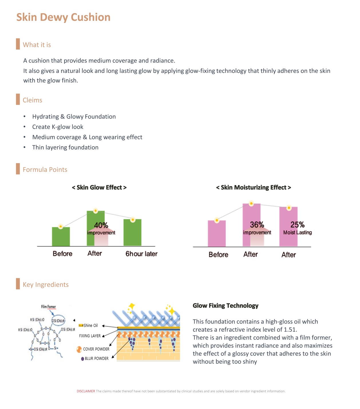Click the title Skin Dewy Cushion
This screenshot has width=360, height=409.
[63, 17]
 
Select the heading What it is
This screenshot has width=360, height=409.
[37, 45]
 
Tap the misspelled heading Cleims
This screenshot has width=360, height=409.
[32, 100]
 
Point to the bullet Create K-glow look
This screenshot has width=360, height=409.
[58, 127]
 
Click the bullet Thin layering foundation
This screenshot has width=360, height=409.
[65, 147]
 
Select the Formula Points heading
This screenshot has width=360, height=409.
[45, 169]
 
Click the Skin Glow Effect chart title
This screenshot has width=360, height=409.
[99, 187]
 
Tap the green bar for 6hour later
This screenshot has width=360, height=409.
[132, 233]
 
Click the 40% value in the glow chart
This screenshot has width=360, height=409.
[101, 225]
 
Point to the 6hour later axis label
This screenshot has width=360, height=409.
[141, 254]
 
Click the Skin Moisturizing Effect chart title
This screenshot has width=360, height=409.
[253, 187]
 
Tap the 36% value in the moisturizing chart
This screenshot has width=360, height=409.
[257, 225]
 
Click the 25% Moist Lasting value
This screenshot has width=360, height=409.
[297, 225]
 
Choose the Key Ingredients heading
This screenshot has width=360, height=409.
[46, 284]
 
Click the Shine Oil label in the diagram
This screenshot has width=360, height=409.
[90, 325]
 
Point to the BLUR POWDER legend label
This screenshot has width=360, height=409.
[96, 358]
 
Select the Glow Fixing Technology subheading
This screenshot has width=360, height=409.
[226, 306]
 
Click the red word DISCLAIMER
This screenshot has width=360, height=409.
[86, 391]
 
